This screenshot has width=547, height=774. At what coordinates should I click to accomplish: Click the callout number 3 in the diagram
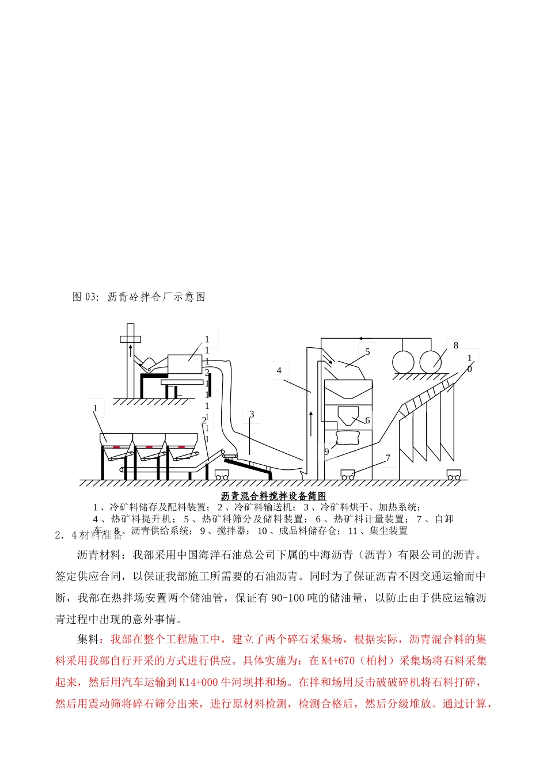tap(252, 414)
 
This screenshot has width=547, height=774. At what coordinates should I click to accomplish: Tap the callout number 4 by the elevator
tap(279, 370)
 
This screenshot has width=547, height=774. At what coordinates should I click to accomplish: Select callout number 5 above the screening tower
tap(367, 352)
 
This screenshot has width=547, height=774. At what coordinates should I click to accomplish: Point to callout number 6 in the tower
tap(367, 420)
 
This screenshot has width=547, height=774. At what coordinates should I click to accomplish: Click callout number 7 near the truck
tap(388, 458)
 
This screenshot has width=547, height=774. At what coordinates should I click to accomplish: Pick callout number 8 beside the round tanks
tap(455, 346)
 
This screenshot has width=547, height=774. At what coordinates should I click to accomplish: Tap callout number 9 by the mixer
tap(326, 451)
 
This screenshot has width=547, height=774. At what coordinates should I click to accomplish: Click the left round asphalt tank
tap(403, 363)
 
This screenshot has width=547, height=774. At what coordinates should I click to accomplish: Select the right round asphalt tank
tap(431, 363)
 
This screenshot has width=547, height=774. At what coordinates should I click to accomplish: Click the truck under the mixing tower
tap(348, 475)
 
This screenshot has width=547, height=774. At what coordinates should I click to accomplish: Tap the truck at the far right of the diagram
tap(453, 475)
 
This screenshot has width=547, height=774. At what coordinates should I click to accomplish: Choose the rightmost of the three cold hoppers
tap(182, 446)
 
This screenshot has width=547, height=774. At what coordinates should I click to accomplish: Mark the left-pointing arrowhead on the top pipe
tap(360, 338)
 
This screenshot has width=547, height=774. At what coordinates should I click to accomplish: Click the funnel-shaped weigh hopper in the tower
tap(348, 413)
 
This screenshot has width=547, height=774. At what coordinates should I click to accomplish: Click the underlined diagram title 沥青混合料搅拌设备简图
tap(273, 496)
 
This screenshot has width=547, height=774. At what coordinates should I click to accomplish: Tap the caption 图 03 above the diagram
tap(139, 297)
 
